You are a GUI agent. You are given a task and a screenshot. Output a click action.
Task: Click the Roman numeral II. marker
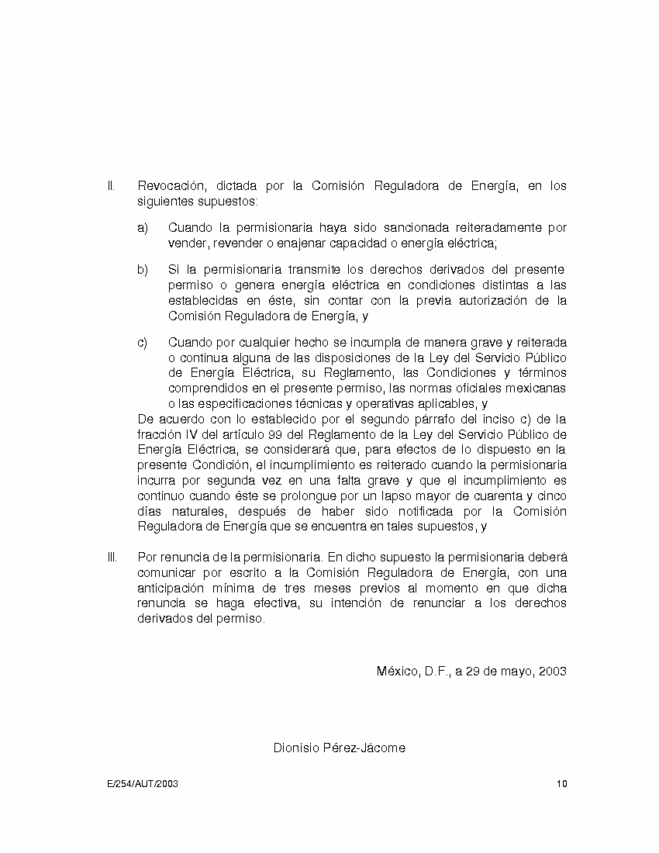tap(111, 186)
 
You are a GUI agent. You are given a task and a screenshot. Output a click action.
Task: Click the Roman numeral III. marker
tap(112, 557)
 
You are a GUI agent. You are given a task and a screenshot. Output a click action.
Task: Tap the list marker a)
tap(143, 228)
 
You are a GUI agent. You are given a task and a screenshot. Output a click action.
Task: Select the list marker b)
tap(143, 270)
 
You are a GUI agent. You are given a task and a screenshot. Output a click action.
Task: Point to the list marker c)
tap(143, 343)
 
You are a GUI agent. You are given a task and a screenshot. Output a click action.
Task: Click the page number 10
tap(561, 783)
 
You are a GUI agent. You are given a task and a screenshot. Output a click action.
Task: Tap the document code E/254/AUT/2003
tap(143, 783)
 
